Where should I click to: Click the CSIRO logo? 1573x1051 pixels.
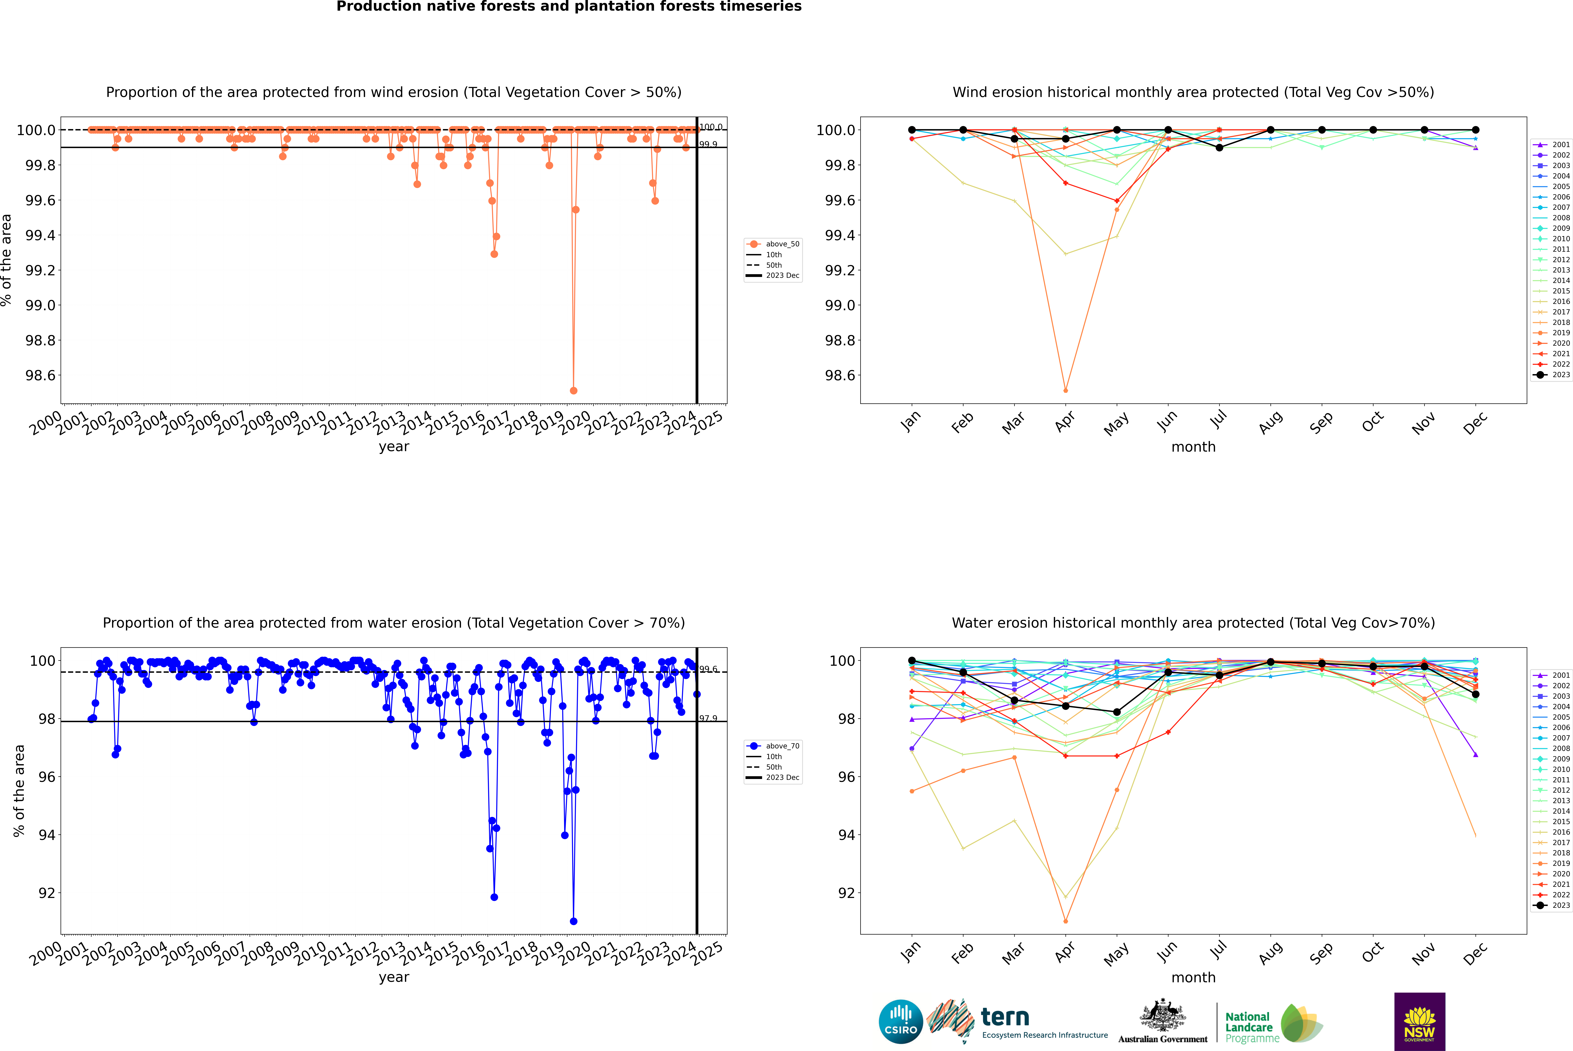[901, 1022]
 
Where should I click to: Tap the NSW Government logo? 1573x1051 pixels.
[1419, 1022]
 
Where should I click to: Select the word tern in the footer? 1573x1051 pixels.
[1004, 1017]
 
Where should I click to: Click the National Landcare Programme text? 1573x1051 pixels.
[1249, 1027]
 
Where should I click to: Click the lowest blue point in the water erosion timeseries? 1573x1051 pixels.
[573, 921]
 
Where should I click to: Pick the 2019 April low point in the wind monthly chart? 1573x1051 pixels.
[1065, 390]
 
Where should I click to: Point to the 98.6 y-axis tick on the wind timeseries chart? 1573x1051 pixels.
[40, 375]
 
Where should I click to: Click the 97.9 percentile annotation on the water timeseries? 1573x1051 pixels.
[708, 718]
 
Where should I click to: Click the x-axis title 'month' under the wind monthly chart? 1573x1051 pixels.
[1193, 447]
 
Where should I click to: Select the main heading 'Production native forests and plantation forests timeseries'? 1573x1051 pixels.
[569, 7]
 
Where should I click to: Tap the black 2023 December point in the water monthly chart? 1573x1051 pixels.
[1475, 694]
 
